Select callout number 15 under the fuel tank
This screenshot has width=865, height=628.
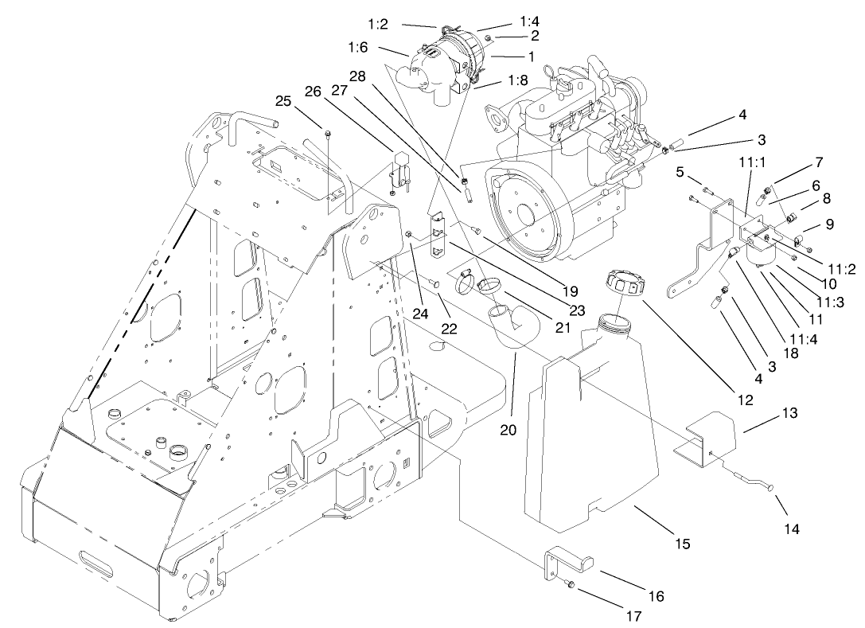pos(682,544)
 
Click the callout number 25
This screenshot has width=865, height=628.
pos(284,102)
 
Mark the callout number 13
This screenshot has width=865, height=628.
pos(789,414)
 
